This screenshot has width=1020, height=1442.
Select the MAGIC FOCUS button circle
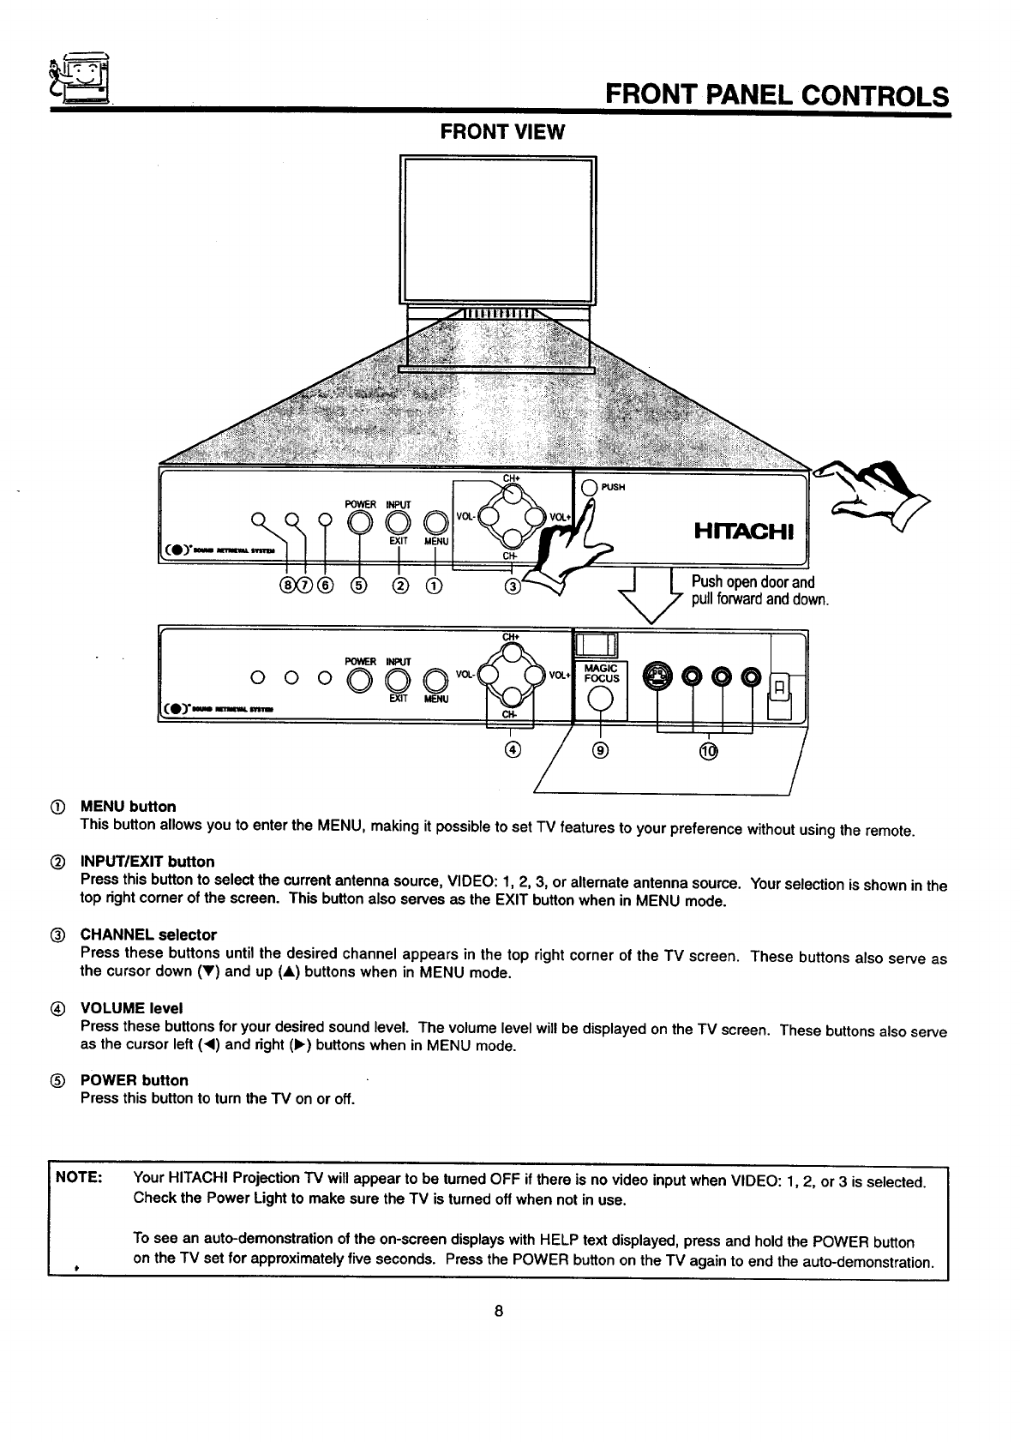tap(602, 700)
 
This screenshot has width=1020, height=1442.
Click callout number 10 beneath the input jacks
tap(708, 752)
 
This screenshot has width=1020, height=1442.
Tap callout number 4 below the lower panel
tap(511, 751)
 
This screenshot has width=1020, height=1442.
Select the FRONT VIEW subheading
tap(502, 132)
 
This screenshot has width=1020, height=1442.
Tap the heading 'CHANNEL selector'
tap(148, 934)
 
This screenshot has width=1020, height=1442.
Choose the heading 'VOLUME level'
tap(131, 1008)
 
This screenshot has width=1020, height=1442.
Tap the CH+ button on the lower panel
tap(511, 653)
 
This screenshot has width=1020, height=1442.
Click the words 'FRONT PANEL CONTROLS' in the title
tap(777, 95)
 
